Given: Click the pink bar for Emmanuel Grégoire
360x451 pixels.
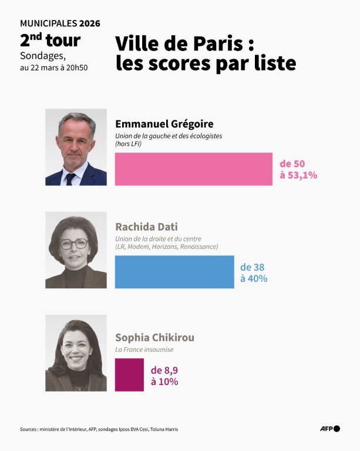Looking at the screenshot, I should click(194, 169).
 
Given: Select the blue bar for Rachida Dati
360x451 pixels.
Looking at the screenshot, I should click(174, 272).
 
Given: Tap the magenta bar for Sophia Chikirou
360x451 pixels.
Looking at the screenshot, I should click(129, 375).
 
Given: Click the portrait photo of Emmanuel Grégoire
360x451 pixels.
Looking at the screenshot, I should click(76, 147).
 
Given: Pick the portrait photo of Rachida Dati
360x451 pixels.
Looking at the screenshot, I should click(76, 250).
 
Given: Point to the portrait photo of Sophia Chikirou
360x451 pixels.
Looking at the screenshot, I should click(76, 353).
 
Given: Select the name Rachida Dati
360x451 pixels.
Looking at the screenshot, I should click(146, 227).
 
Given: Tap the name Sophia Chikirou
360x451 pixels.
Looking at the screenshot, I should click(154, 338).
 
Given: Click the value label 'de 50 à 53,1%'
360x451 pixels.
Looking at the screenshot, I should click(298, 169).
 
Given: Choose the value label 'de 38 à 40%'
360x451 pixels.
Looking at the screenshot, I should click(254, 272).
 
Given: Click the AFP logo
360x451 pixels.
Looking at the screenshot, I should click(329, 429).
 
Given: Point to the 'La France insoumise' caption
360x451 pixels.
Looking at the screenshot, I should click(144, 349).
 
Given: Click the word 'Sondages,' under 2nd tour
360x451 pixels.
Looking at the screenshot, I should click(43, 56).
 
